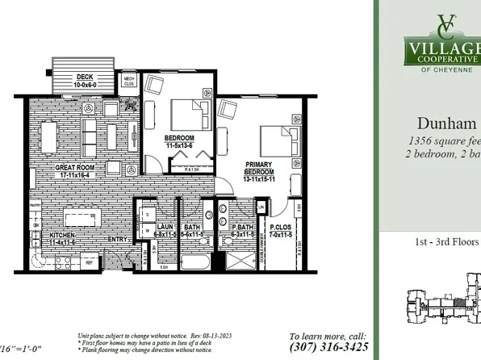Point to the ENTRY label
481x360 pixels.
pos(117,238)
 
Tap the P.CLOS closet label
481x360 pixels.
pos(280,230)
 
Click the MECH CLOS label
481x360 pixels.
pos(128,81)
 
